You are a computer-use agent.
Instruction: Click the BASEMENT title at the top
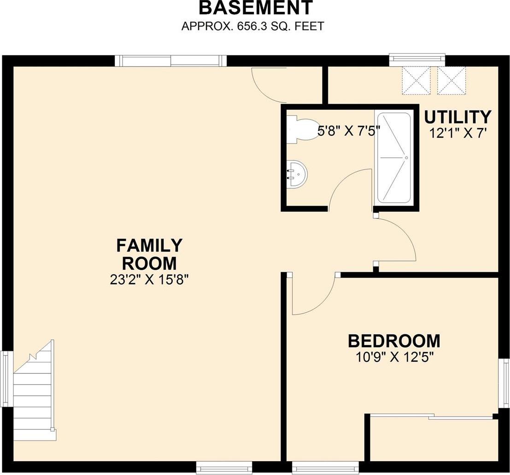click(256, 8)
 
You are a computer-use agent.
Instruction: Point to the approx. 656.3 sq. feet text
click(252, 26)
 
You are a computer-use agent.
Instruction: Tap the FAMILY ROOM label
click(149, 254)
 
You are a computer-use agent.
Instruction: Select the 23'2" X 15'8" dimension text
click(149, 280)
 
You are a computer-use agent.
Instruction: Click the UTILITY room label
click(457, 117)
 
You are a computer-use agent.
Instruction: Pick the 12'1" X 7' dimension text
click(457, 133)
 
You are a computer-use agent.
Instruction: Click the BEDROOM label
click(394, 341)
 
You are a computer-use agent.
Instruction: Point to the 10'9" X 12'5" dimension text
click(394, 357)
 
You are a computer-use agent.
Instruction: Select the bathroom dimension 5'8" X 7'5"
click(346, 131)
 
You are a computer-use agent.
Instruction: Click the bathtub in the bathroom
click(393, 158)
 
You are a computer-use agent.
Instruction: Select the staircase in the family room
click(34, 391)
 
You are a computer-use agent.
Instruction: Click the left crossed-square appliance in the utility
click(416, 80)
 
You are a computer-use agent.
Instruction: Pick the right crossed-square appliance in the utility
click(451, 80)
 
